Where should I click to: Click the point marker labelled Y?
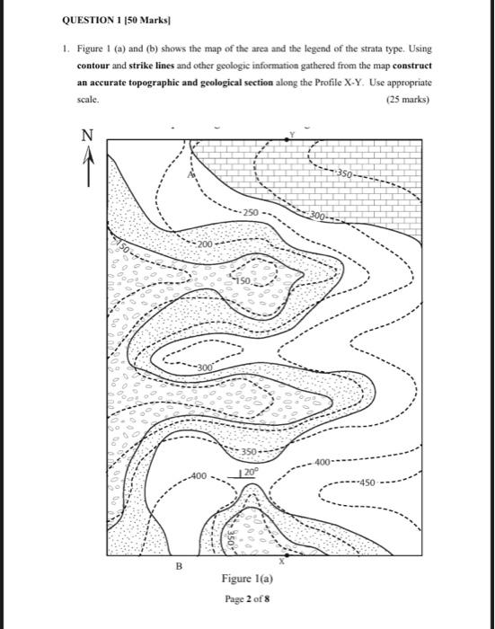click(x=289, y=137)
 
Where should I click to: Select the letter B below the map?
click(x=178, y=567)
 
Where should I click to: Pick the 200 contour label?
click(x=206, y=244)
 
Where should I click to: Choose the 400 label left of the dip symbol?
click(x=198, y=474)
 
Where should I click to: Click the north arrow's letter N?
click(x=87, y=136)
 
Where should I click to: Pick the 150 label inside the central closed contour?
click(x=244, y=281)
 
